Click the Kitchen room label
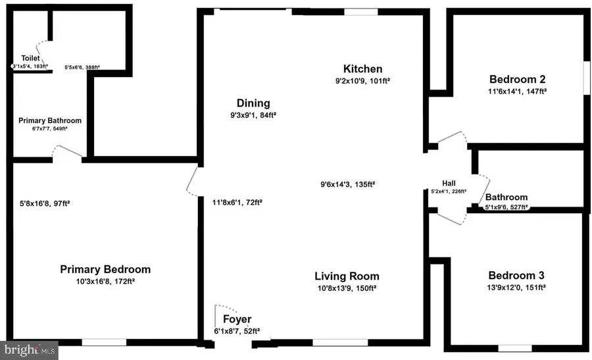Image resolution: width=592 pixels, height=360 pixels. pos(362,69)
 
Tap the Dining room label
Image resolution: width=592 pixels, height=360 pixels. pos(253,103)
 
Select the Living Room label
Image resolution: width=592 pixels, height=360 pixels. pos(347,276)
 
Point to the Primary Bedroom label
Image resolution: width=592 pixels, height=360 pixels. pos(105,269)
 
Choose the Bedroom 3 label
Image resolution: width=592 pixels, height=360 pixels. pos(516,276)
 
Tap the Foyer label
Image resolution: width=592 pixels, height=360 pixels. pos(237,320)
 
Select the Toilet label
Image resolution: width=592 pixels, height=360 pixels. pos(31,58)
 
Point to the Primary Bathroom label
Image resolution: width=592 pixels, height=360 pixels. pos(50,120)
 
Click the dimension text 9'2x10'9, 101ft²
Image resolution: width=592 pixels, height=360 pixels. pos(362,81)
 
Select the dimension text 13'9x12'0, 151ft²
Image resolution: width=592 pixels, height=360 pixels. pos(516,288)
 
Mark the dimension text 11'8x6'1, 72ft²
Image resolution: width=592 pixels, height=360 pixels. pos(237,202)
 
